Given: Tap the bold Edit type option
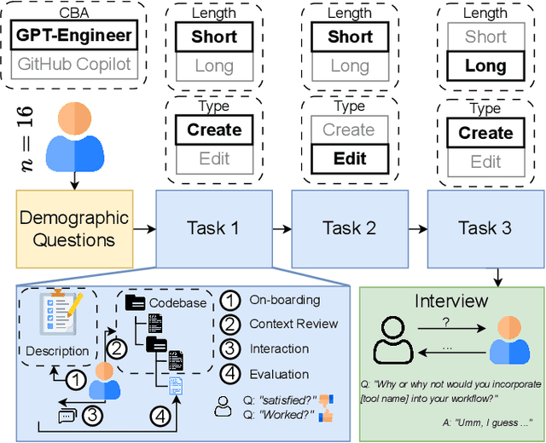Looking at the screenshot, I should (x=350, y=159).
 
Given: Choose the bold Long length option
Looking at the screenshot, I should (x=485, y=66).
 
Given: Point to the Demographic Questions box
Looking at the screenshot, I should (x=73, y=228).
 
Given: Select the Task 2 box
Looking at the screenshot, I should (x=349, y=227).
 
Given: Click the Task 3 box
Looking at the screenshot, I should (x=485, y=227).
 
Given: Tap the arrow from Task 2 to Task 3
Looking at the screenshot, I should (x=417, y=227).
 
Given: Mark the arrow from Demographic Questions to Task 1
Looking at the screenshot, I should (x=142, y=228).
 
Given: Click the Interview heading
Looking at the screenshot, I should (x=450, y=302).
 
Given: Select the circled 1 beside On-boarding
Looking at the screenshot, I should (x=229, y=300).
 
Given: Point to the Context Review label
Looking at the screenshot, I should (x=293, y=324).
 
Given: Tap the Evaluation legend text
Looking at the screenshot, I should (x=278, y=373).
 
